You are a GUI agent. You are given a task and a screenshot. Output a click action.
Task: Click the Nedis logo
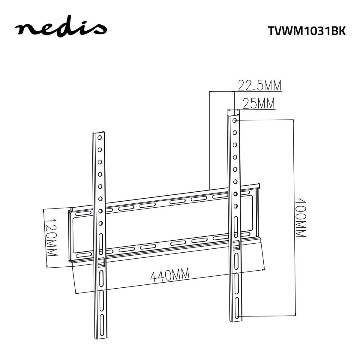(61, 28)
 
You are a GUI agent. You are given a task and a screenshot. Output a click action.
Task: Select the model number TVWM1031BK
(306, 31)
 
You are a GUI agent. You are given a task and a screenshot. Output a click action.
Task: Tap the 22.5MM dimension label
(259, 86)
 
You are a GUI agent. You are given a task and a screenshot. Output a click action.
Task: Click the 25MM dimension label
(259, 104)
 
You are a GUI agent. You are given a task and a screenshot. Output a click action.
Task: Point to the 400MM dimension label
(300, 217)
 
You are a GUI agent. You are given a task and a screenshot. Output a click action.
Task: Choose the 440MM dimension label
(170, 275)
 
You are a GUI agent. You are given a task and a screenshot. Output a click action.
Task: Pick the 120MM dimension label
(51, 237)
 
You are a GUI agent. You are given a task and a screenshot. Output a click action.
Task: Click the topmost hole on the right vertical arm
(234, 120)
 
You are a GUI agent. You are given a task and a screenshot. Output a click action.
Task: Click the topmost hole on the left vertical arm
(99, 138)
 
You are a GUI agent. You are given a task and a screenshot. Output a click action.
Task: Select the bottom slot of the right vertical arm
(237, 313)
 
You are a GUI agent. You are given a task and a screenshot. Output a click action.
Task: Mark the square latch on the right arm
(236, 245)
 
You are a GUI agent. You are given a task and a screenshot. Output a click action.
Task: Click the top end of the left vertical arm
(98, 133)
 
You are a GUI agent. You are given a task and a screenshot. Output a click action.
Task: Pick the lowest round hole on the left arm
(100, 223)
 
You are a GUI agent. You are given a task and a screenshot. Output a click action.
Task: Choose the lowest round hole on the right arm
(236, 206)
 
